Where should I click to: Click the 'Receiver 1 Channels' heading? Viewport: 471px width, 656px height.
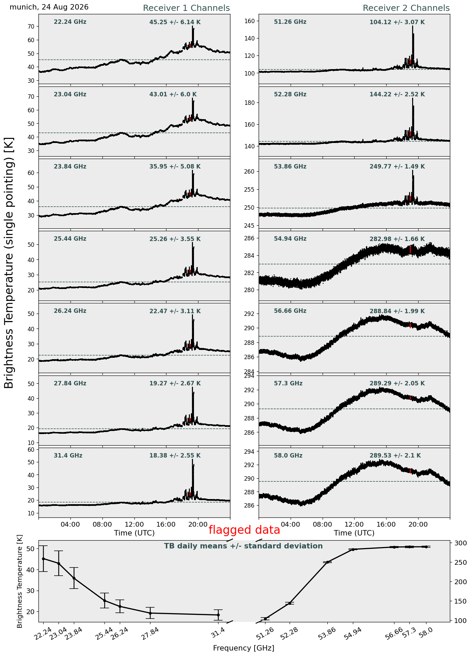tap(186, 8)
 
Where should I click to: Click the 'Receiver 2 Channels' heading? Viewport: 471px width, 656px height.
tap(406, 8)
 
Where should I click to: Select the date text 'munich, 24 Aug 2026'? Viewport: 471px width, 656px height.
tap(49, 7)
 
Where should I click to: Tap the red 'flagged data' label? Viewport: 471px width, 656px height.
tap(244, 530)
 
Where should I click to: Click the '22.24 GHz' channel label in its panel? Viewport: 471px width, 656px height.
tap(70, 22)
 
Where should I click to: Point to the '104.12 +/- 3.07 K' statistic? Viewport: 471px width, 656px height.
tap(397, 22)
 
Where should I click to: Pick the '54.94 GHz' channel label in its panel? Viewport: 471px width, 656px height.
tap(290, 239)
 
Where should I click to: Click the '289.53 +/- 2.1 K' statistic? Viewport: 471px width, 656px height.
tap(395, 455)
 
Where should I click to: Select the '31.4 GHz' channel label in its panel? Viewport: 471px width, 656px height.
tap(68, 455)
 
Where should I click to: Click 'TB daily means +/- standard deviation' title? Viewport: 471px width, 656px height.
tap(243, 546)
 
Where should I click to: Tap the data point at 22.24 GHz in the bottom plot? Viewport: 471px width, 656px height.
tap(43, 559)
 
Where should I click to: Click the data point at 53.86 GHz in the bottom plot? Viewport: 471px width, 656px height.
tap(328, 562)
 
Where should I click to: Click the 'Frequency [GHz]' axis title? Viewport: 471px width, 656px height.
tap(244, 648)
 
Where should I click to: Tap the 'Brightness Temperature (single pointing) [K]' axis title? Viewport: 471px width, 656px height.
tap(9, 263)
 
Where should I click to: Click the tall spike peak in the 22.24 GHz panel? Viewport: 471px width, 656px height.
tap(192, 26)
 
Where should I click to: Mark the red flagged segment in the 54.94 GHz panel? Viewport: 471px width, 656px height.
tap(410, 250)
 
